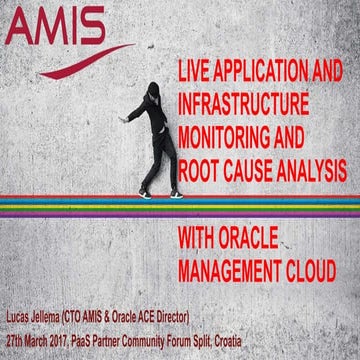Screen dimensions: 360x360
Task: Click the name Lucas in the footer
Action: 22,324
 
